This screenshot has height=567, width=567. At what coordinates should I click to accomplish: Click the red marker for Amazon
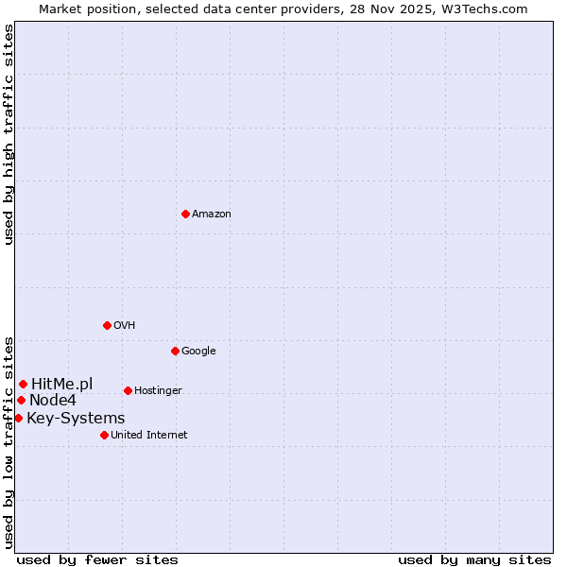point(185,214)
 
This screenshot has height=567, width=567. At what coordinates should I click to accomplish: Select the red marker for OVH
point(107,325)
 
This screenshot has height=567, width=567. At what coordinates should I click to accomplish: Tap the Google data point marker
point(175,351)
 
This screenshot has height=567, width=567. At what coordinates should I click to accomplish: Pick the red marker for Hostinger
point(128,390)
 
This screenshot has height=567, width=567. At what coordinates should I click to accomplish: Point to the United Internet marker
point(104,435)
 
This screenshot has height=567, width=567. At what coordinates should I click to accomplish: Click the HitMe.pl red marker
point(23,384)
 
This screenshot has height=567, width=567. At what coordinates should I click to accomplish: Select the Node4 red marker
point(21,400)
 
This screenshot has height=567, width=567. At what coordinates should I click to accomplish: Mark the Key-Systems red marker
point(18,418)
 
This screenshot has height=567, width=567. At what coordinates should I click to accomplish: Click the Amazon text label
point(212,215)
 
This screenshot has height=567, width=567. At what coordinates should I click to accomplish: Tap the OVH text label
point(124,326)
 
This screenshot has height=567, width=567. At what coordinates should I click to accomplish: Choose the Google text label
point(198,352)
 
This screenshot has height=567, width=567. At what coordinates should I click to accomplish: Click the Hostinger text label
point(158,391)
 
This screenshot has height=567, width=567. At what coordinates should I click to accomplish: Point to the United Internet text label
point(148,436)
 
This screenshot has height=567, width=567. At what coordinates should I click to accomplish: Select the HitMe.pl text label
point(61,384)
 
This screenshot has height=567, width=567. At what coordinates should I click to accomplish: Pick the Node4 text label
point(53,401)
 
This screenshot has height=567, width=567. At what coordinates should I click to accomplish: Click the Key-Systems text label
point(76,419)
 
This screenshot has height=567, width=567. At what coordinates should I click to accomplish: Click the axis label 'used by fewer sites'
point(97,559)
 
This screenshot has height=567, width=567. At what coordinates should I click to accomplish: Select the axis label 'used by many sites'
point(474,559)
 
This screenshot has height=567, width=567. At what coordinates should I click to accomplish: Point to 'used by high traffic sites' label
point(9,134)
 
